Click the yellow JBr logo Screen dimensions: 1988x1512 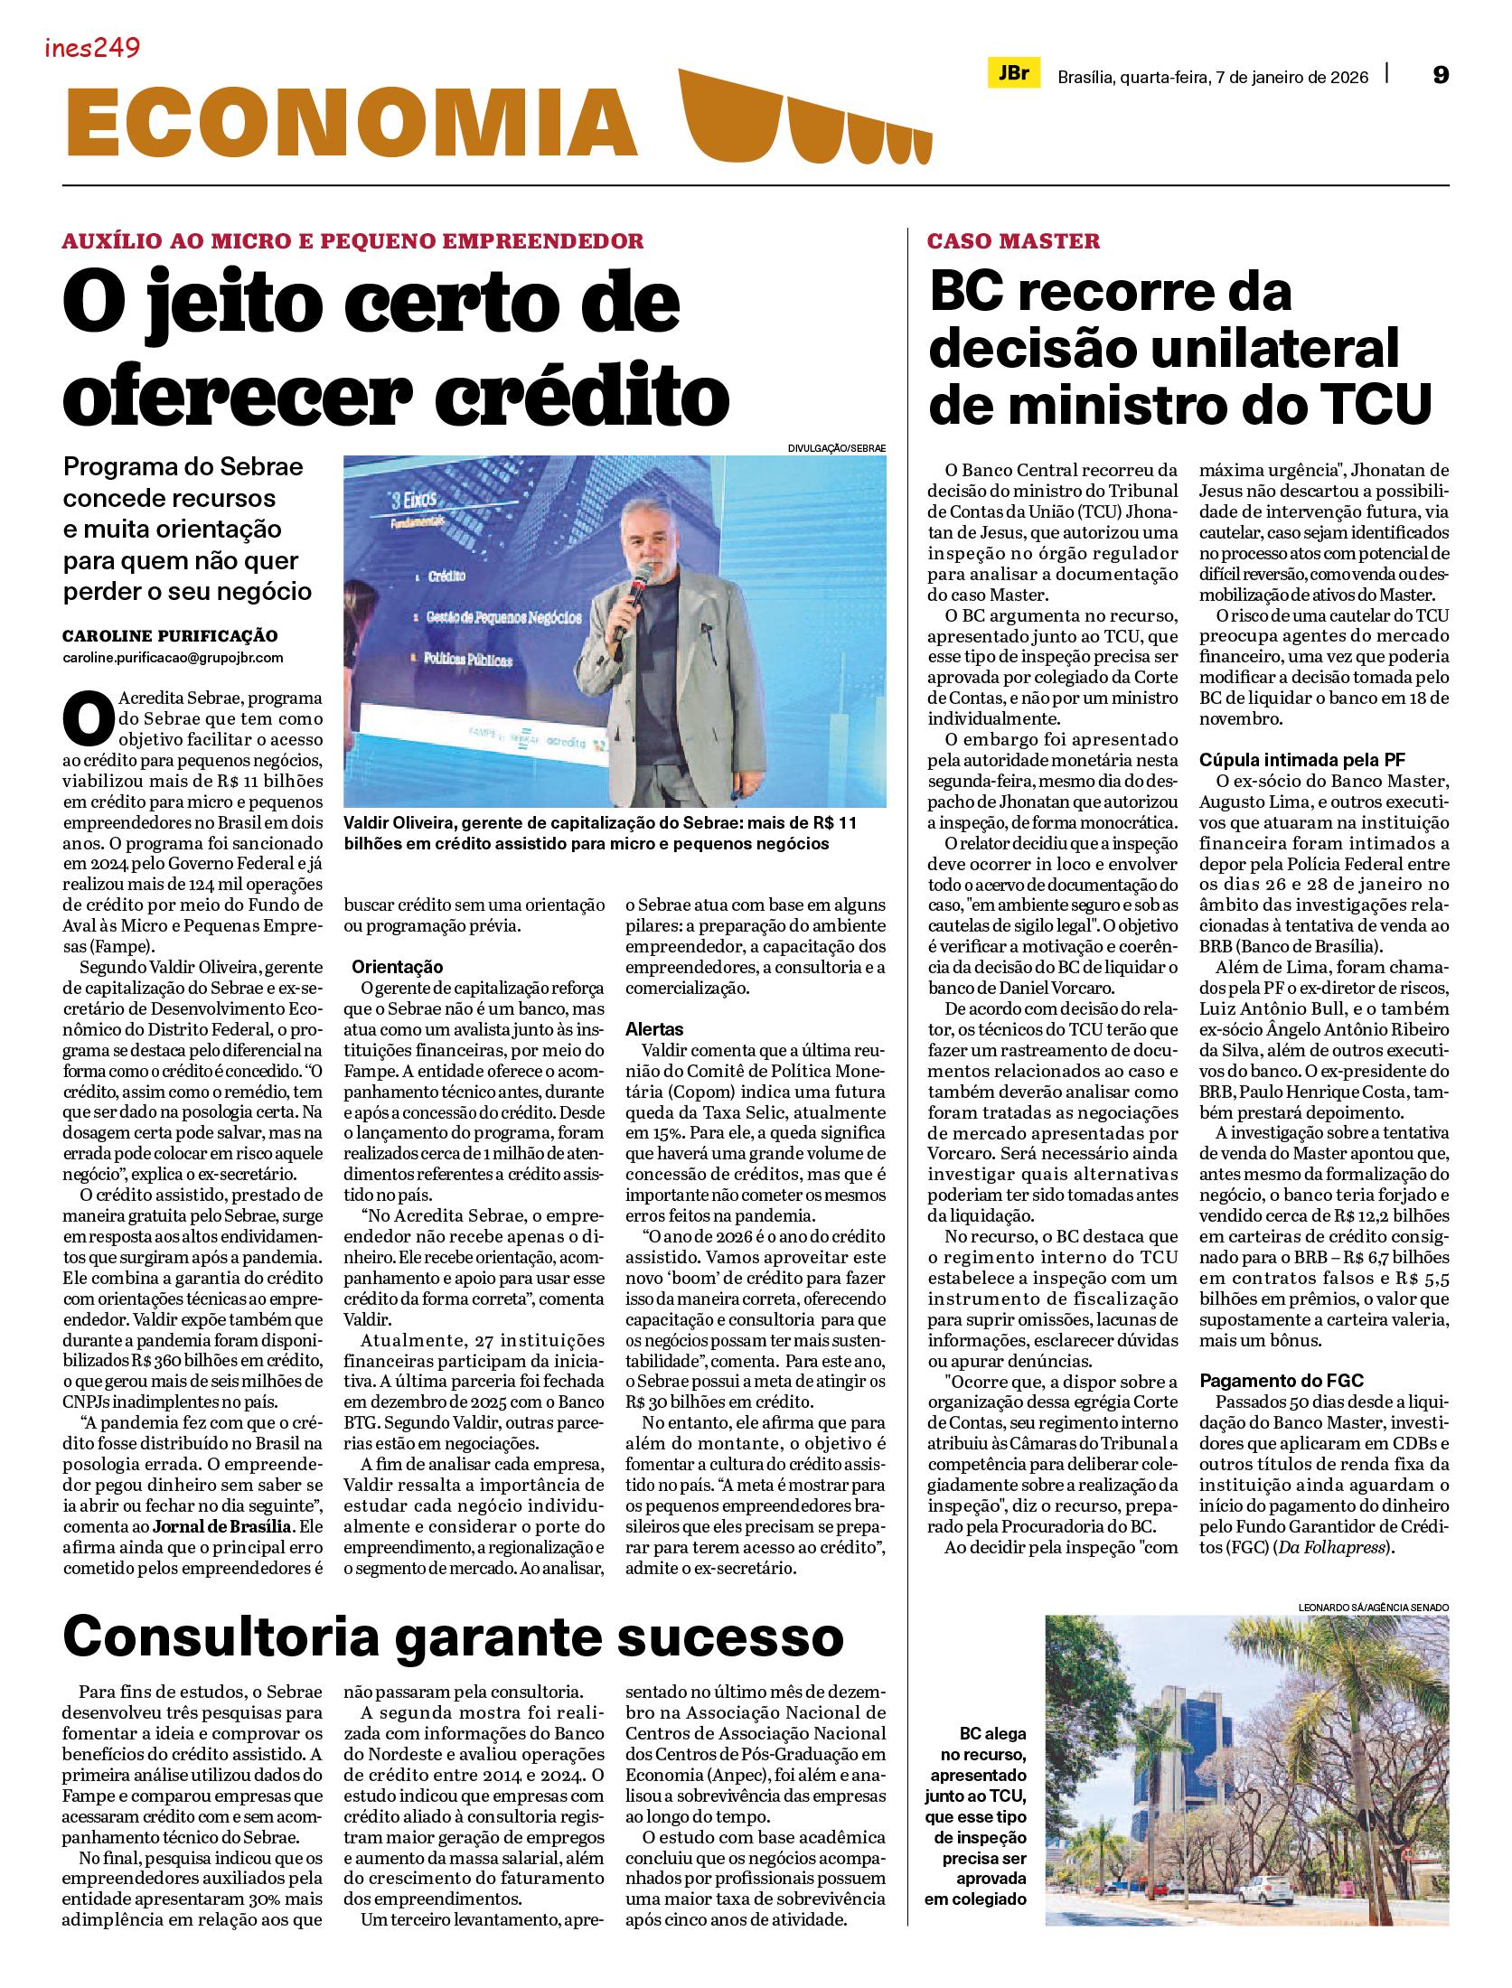point(1013,73)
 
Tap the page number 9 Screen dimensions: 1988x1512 point(1441,75)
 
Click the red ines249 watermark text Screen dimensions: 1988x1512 point(92,48)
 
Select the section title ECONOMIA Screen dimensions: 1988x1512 point(352,123)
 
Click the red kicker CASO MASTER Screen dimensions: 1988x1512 point(1013,241)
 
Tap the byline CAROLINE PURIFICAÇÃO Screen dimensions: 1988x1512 point(170,636)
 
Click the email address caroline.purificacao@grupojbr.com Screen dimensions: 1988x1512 point(173,658)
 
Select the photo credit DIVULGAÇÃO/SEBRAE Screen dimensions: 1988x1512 point(836,448)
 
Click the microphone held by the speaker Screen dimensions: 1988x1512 point(641,580)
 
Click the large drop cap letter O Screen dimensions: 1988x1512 point(88,720)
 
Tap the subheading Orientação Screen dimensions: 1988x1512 point(397,967)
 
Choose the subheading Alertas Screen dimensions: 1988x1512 point(654,1029)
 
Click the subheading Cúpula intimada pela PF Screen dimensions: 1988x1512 point(1301,760)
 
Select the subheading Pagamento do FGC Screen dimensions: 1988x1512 point(1281,1381)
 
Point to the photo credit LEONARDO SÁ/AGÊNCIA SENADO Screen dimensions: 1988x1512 point(1373,1608)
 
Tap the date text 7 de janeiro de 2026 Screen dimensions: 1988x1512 point(1291,78)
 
